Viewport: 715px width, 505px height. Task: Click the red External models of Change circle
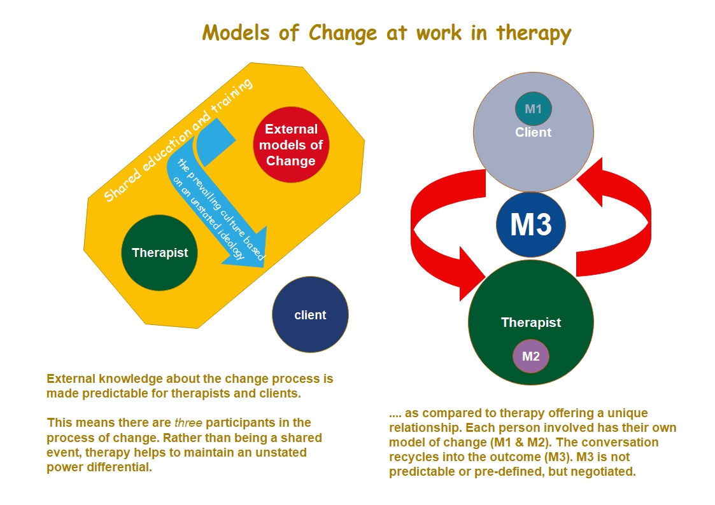point(290,145)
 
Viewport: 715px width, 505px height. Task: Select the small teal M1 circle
point(533,109)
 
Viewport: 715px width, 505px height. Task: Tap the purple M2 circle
point(530,356)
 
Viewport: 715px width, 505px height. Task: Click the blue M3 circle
point(530,225)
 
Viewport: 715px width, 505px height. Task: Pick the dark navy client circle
point(310,314)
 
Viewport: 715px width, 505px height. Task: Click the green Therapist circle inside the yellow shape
point(160,253)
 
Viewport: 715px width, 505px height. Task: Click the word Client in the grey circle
point(533,133)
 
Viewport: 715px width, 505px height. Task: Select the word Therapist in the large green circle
point(530,322)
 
